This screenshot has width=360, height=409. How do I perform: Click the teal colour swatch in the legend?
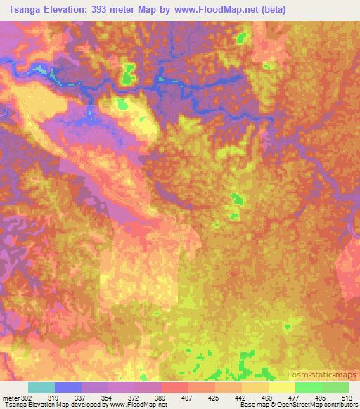coord(41,387)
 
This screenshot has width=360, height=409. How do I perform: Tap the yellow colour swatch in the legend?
coord(282,387)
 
